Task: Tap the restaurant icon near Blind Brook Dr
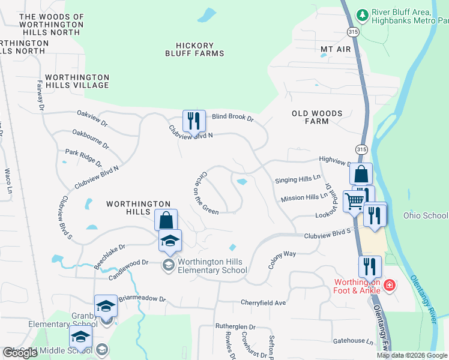(x=193, y=121)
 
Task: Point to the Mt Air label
(x=335, y=49)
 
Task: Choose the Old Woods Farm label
(x=317, y=117)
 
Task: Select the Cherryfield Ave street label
(x=264, y=303)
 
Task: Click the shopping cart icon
(x=355, y=202)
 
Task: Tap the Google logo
(x=20, y=353)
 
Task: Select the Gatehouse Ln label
(x=353, y=341)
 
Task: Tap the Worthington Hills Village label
(x=77, y=81)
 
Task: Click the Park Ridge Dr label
(x=83, y=158)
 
